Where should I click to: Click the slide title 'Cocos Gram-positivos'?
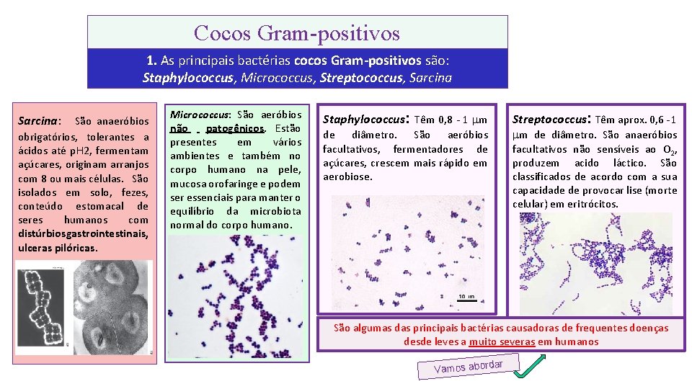pyautogui.click(x=297, y=32)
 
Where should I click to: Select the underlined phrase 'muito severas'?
pyautogui.click(x=502, y=341)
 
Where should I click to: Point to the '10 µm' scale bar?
pyautogui.click(x=466, y=297)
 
